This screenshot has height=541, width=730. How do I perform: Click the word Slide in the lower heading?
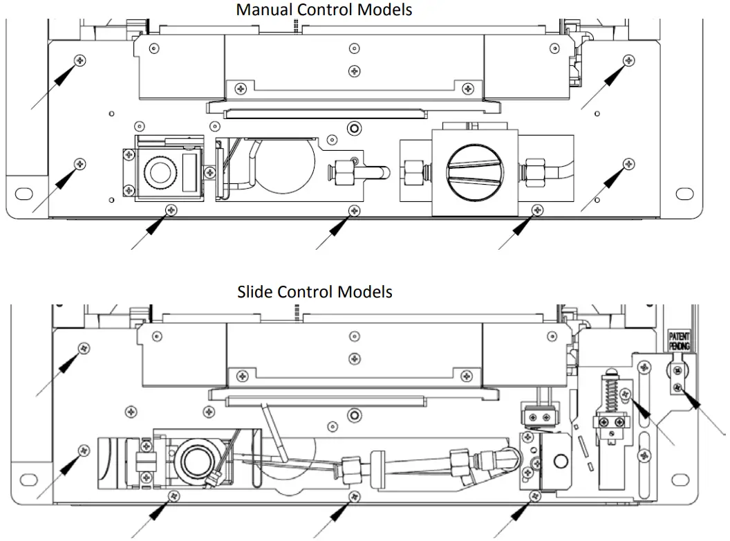click(254, 291)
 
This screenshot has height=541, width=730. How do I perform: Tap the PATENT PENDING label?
click(680, 340)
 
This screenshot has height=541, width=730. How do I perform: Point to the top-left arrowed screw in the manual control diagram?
click(82, 60)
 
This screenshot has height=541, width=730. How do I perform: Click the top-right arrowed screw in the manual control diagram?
click(628, 59)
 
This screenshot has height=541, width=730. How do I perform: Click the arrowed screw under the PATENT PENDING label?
click(678, 387)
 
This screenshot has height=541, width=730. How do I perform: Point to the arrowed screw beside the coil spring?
click(626, 395)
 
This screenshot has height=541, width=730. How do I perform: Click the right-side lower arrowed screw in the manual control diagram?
click(628, 163)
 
